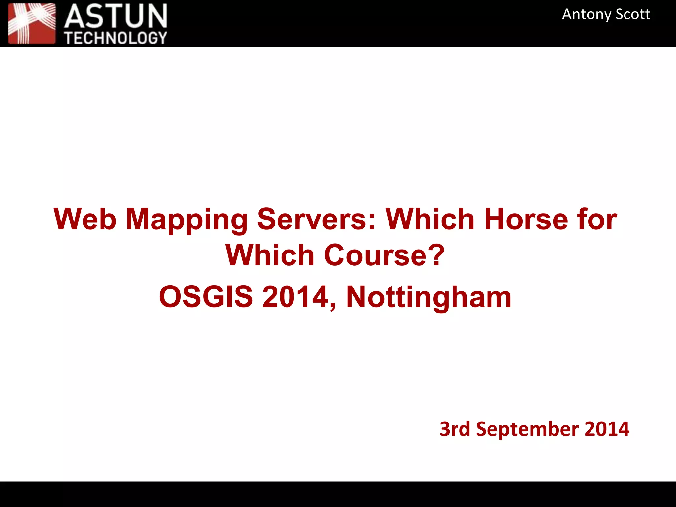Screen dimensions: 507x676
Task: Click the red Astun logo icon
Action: click(x=32, y=23)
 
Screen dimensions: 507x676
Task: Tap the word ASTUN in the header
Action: click(x=116, y=17)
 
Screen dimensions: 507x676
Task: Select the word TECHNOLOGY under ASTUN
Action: click(x=116, y=38)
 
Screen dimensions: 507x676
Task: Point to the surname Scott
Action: click(x=633, y=15)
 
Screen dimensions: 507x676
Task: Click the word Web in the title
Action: click(x=85, y=219)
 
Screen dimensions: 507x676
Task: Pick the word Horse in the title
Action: click(x=526, y=219)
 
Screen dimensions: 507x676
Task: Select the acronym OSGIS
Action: click(x=206, y=297)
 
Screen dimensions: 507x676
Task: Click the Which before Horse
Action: click(x=430, y=219)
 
